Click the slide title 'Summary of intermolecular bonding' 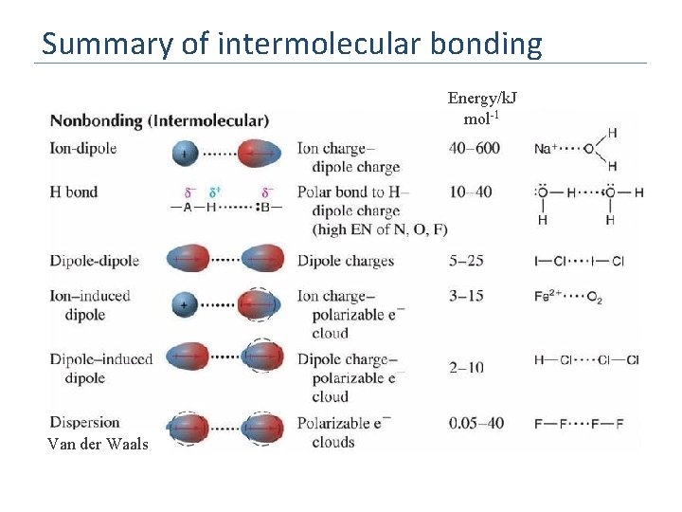(x=292, y=44)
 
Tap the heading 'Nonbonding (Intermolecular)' (x=159, y=120)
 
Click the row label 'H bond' (x=74, y=192)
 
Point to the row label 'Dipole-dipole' (x=95, y=261)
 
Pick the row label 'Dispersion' (x=85, y=422)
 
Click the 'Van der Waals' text (x=98, y=443)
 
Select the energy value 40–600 (x=475, y=148)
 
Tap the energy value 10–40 (x=471, y=192)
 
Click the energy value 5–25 (x=466, y=261)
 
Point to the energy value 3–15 (x=466, y=296)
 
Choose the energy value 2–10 (x=466, y=367)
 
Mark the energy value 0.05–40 (x=476, y=423)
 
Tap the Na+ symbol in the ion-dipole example (x=545, y=149)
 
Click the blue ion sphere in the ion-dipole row (x=186, y=152)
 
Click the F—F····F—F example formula (x=579, y=424)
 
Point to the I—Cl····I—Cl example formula (x=579, y=262)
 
